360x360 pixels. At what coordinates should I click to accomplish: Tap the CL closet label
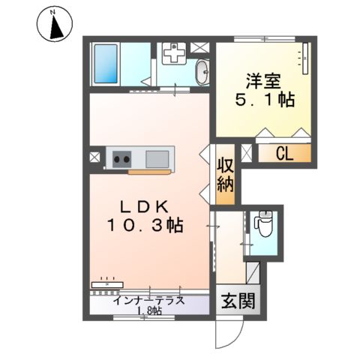(x=283, y=154)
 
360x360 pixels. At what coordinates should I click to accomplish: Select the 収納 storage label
(x=226, y=176)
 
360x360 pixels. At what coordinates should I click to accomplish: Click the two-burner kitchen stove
(x=121, y=158)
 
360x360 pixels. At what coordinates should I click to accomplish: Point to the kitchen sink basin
(x=158, y=158)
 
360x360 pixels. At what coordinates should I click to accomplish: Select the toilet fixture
(x=263, y=225)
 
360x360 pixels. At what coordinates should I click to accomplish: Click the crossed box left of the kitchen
(x=94, y=158)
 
